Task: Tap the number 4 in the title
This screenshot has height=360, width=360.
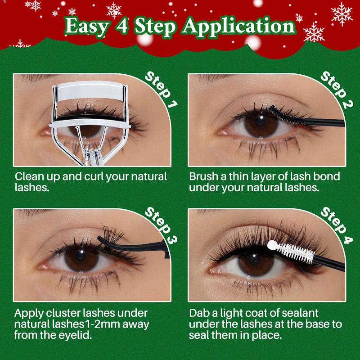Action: point(121,26)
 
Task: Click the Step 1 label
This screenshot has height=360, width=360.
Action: point(161,89)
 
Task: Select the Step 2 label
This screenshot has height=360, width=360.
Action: point(337,89)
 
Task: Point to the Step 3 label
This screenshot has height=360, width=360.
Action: point(161,225)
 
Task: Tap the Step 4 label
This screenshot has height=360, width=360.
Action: point(337,225)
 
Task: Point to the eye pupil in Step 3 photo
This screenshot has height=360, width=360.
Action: point(81,255)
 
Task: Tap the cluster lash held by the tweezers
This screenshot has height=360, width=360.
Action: point(113,234)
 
